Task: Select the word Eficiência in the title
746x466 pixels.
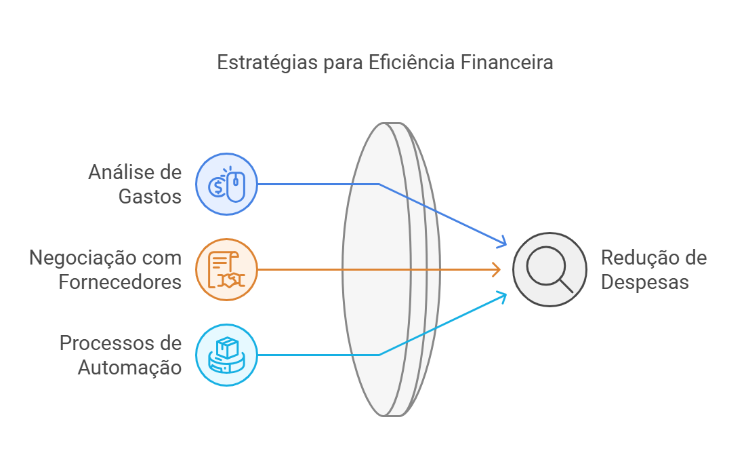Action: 411,62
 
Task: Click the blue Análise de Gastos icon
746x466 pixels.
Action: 226,184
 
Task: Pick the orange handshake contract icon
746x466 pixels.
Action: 226,269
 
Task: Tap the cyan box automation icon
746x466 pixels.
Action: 226,355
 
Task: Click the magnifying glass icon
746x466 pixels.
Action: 550,269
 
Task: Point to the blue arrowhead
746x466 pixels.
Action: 503,242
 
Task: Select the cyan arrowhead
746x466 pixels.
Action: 503,295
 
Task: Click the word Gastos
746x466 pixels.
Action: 150,197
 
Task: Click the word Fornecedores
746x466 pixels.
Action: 120,281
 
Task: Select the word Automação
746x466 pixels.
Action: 129,368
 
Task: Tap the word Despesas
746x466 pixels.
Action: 645,281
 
